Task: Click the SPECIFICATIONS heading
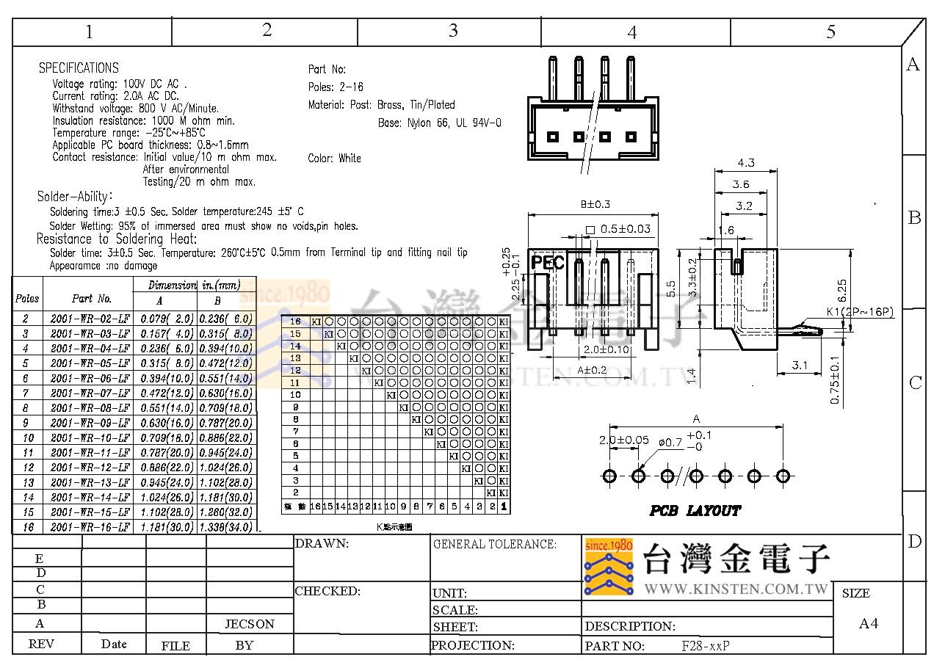click(79, 68)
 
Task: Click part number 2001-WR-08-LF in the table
click(91, 407)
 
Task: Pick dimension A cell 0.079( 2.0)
click(165, 319)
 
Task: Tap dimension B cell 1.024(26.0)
click(226, 468)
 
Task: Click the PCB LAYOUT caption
click(695, 510)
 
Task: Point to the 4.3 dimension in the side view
click(745, 163)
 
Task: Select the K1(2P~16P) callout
click(860, 312)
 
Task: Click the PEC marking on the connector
click(548, 263)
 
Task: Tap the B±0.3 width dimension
click(595, 204)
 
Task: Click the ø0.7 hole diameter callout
click(670, 442)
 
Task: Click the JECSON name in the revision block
click(250, 624)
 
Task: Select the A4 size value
click(869, 623)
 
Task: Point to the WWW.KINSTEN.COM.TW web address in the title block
click(736, 589)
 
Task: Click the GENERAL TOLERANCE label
click(495, 544)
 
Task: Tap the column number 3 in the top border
click(453, 30)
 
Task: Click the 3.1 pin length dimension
click(800, 365)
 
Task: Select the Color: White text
click(334, 158)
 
